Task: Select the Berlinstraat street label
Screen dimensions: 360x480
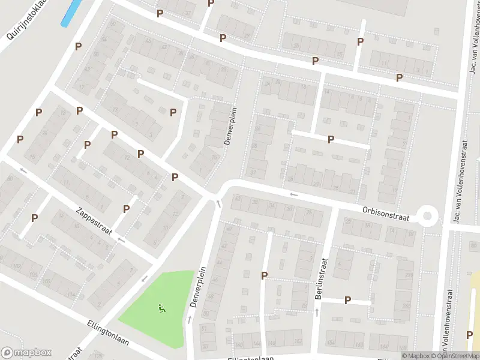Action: tap(322, 281)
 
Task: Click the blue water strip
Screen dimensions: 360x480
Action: tap(71, 12)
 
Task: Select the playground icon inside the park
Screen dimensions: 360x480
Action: tap(161, 309)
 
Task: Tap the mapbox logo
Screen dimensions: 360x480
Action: tap(26, 353)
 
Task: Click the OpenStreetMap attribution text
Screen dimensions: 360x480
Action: tap(457, 356)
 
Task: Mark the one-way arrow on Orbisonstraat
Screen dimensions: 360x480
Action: tap(293, 194)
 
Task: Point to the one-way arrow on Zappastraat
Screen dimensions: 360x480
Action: tap(122, 239)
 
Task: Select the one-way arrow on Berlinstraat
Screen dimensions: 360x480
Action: tap(317, 312)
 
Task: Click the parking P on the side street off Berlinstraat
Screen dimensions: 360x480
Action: tap(347, 300)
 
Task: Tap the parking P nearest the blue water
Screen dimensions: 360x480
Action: tap(78, 46)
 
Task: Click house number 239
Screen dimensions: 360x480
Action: tap(409, 275)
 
